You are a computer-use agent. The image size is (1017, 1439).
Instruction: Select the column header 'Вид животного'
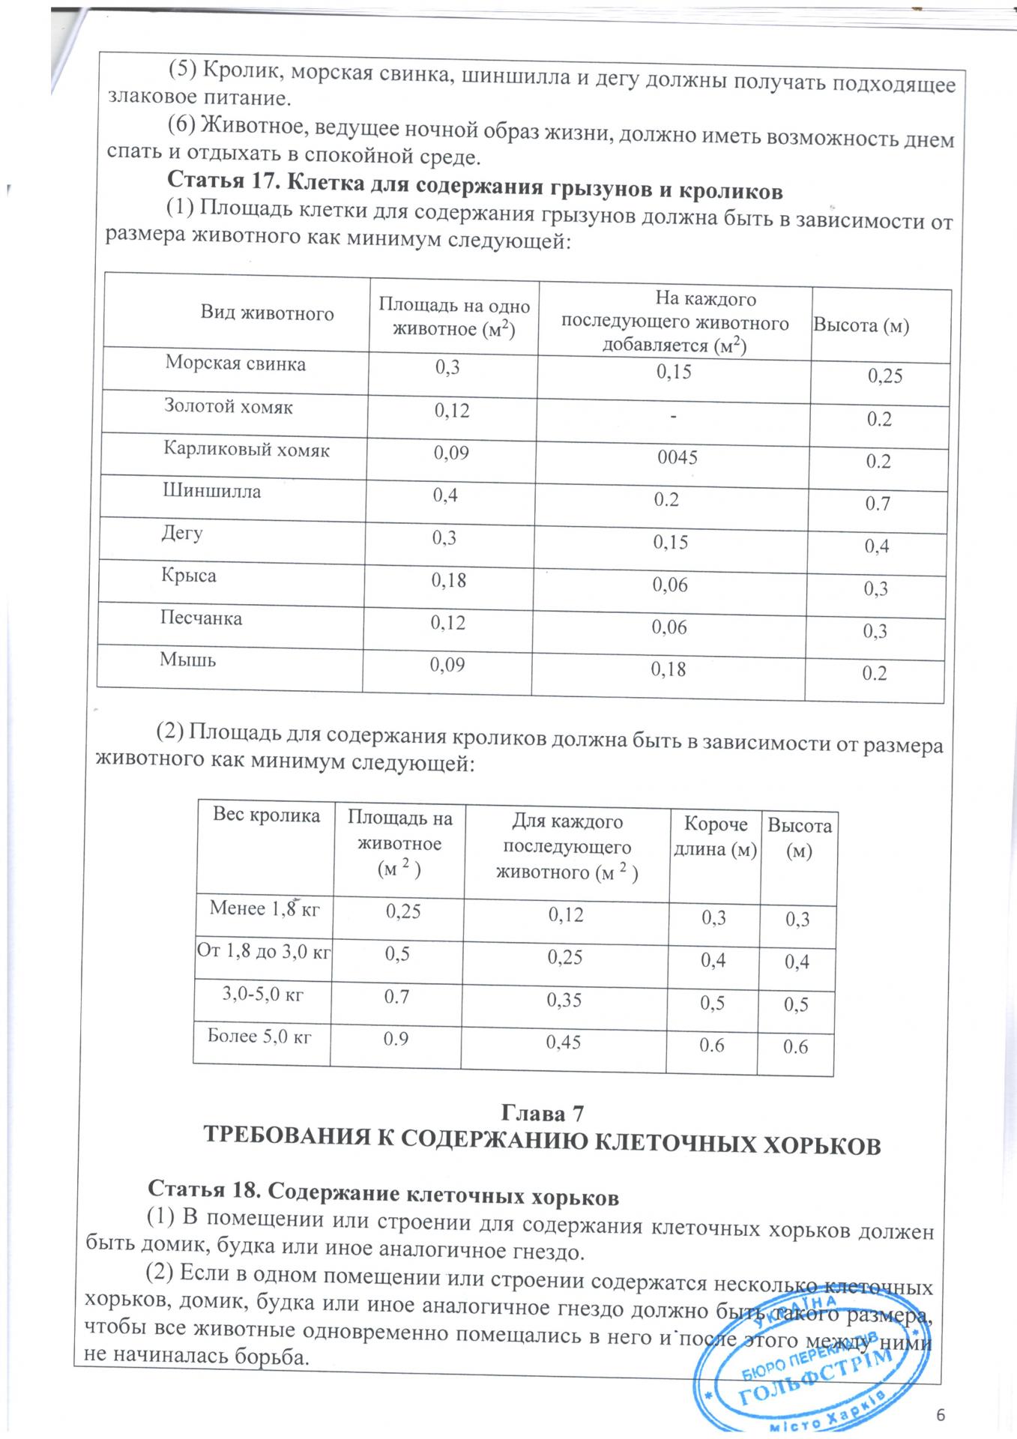(267, 313)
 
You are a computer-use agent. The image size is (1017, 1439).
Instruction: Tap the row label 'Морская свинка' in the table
(235, 364)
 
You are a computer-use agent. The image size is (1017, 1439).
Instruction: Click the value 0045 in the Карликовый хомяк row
(678, 456)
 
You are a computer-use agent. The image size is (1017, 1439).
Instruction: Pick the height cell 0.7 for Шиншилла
(878, 504)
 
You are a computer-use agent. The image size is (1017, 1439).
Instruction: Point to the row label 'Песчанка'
(201, 619)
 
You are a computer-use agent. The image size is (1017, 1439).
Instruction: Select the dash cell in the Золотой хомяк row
(674, 415)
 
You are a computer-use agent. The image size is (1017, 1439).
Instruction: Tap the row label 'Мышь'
(187, 660)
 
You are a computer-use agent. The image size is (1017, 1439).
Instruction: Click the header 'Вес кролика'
(266, 815)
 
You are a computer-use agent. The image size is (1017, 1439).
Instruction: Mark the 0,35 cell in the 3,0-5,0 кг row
(564, 1000)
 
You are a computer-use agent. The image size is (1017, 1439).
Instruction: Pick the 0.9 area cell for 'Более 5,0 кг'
(396, 1040)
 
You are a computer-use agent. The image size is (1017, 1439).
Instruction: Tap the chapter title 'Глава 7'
(541, 1113)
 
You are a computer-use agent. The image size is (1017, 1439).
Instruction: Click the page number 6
(942, 1414)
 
